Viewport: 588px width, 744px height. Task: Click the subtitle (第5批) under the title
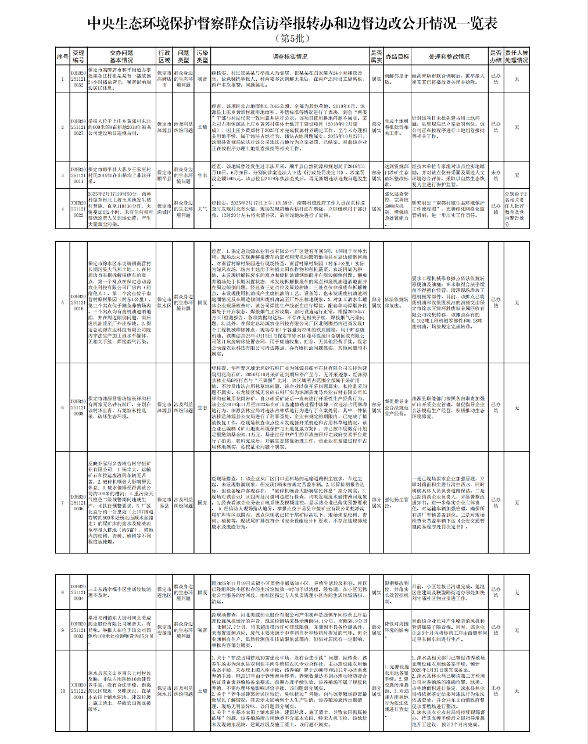(x=293, y=38)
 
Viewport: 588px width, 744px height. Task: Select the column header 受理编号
(x=78, y=56)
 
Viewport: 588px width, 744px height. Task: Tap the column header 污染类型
(x=202, y=56)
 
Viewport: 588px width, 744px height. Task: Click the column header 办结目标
(x=397, y=56)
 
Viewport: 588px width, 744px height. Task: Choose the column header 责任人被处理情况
(x=517, y=56)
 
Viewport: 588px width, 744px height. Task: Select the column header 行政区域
(x=164, y=56)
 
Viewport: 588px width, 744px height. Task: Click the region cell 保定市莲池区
(x=164, y=592)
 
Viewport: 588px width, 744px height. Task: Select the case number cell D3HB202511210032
(x=78, y=77)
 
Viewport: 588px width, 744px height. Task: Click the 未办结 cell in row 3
(x=495, y=174)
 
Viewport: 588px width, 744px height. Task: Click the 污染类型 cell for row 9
(x=202, y=629)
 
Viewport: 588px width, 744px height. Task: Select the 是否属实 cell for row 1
(x=376, y=77)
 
